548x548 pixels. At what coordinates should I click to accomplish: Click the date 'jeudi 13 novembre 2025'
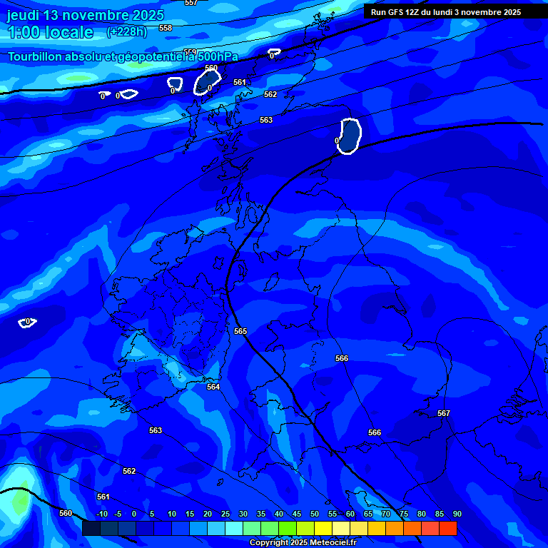click(x=86, y=15)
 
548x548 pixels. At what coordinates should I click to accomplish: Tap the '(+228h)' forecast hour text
click(x=127, y=31)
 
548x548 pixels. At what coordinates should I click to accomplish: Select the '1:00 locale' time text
click(x=50, y=32)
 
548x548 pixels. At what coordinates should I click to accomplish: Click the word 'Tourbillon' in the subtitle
click(x=35, y=56)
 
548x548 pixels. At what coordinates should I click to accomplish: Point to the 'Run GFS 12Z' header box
click(x=446, y=12)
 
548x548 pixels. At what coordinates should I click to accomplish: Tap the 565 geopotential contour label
click(x=240, y=332)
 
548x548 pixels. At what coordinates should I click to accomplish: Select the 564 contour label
click(x=213, y=387)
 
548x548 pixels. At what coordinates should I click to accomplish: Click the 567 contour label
click(x=444, y=413)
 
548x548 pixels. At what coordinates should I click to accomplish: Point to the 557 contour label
click(x=191, y=3)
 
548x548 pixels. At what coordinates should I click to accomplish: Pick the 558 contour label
click(x=166, y=28)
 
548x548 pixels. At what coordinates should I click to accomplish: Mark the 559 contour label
click(x=190, y=52)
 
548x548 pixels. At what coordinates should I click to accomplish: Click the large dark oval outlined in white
click(x=350, y=136)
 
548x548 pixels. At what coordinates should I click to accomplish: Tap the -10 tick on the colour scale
click(x=102, y=514)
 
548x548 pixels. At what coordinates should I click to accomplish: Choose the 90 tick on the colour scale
click(x=457, y=514)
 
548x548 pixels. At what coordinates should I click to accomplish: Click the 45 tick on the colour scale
click(x=296, y=514)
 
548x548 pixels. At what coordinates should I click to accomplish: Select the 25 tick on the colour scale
click(x=225, y=514)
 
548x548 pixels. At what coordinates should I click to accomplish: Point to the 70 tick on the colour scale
click(x=385, y=514)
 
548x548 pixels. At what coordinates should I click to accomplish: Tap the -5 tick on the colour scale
click(x=118, y=514)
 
